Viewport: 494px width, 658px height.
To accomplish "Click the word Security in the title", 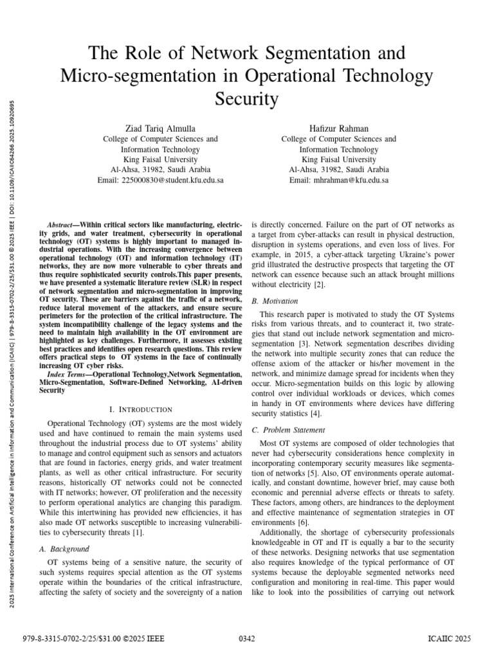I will (x=247, y=99).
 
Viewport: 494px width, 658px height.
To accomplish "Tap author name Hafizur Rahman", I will (x=338, y=128).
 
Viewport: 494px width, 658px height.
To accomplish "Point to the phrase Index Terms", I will (x=66, y=374).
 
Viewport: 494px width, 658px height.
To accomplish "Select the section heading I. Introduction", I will (x=141, y=409).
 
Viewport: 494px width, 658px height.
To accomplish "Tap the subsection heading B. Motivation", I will (x=275, y=301).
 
